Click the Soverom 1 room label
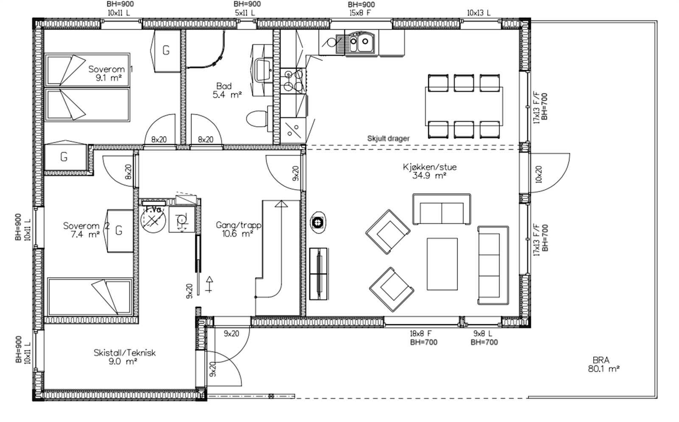click(110, 73)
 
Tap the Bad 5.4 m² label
click(227, 90)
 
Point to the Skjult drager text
click(388, 139)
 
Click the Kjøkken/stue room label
click(429, 171)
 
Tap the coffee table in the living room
click(442, 264)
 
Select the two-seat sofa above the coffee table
click(442, 209)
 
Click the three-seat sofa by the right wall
click(493, 265)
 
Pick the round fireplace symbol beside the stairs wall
click(318, 223)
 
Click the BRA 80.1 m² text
click(603, 365)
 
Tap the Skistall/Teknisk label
click(124, 357)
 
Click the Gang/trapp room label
click(238, 229)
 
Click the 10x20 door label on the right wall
click(539, 174)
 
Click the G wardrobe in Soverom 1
click(166, 51)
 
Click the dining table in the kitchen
click(464, 106)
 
